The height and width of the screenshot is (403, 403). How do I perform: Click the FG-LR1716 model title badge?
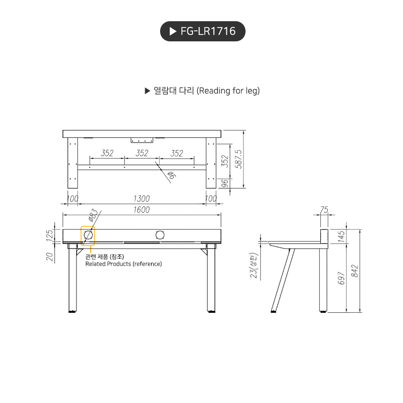pyautogui.click(x=203, y=31)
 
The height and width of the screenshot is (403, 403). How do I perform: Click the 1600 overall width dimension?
pyautogui.click(x=142, y=209)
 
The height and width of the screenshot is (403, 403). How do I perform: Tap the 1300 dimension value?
pyautogui.click(x=142, y=199)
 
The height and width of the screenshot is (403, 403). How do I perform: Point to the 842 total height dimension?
pyautogui.click(x=355, y=270)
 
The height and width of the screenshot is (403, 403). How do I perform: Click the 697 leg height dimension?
pyautogui.click(x=341, y=278)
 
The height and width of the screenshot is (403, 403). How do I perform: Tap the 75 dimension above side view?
pyautogui.click(x=324, y=210)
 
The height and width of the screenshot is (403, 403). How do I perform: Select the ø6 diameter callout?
pyautogui.click(x=171, y=176)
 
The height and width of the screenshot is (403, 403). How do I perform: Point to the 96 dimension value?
pyautogui.click(x=224, y=183)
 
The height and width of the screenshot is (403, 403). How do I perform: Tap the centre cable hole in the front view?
pyautogui.click(x=160, y=234)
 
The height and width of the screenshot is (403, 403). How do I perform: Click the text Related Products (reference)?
pyautogui.click(x=124, y=264)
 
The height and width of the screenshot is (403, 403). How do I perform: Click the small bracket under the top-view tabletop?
pyautogui.click(x=142, y=140)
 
